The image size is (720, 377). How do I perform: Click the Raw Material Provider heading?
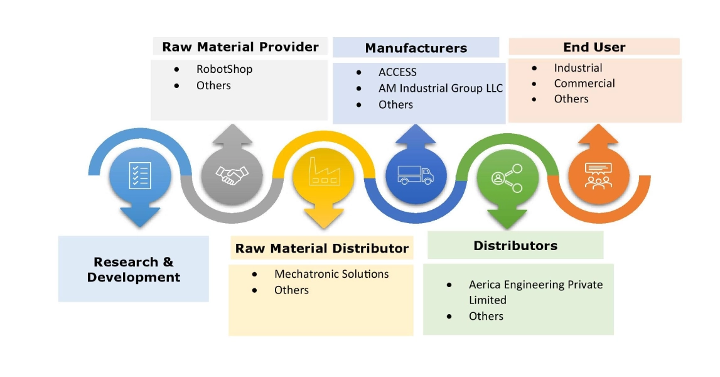pyautogui.click(x=240, y=47)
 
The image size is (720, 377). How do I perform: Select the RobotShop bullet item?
pyautogui.click(x=224, y=69)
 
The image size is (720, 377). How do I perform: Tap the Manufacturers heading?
pyautogui.click(x=416, y=48)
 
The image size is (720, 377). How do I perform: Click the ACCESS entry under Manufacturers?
pyautogui.click(x=397, y=72)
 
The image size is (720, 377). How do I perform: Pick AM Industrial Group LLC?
pyautogui.click(x=440, y=89)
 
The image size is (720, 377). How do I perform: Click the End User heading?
pyautogui.click(x=594, y=47)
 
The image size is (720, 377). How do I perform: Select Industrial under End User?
pyautogui.click(x=578, y=68)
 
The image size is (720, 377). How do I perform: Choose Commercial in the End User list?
pyautogui.click(x=584, y=84)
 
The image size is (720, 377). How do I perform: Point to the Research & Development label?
pyautogui.click(x=133, y=270)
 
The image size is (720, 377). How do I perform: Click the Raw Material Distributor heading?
pyautogui.click(x=321, y=249)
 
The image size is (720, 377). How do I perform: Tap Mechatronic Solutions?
pyautogui.click(x=331, y=274)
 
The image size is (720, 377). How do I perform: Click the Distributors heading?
pyautogui.click(x=515, y=246)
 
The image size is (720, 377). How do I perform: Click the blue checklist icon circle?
pyautogui.click(x=140, y=175)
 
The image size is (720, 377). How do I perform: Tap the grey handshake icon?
pyautogui.click(x=232, y=175)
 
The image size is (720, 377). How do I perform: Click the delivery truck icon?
pyautogui.click(x=416, y=175)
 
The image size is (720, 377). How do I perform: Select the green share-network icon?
pyautogui.click(x=508, y=177)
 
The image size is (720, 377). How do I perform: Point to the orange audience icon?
pyautogui.click(x=598, y=176)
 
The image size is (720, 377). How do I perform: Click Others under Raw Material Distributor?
pyautogui.click(x=291, y=290)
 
